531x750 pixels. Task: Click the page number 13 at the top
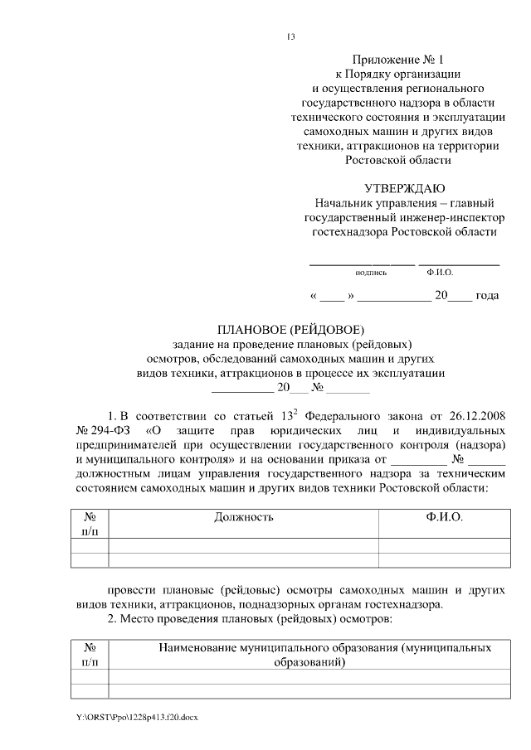coord(290,36)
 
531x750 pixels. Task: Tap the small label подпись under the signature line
coord(370,271)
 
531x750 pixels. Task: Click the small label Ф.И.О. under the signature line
coord(441,271)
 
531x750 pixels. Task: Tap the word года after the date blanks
coord(487,295)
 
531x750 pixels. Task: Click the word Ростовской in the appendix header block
coord(382,161)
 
